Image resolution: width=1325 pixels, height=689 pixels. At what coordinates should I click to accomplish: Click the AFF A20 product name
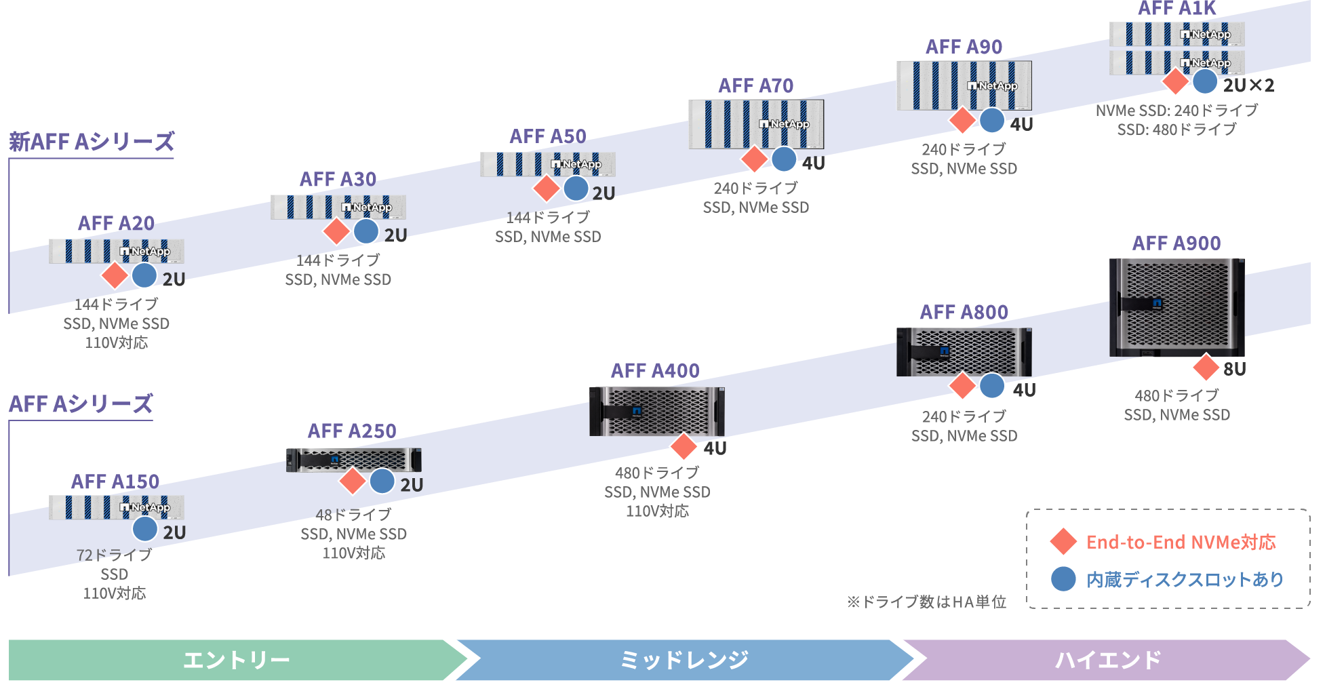tap(116, 224)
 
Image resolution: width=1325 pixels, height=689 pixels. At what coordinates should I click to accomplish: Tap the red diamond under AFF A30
tap(336, 232)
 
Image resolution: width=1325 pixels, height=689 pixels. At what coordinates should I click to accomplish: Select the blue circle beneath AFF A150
tap(145, 529)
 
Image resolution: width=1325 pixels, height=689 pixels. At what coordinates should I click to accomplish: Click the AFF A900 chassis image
tap(1176, 307)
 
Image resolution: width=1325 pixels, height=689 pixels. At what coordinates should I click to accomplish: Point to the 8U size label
tap(1234, 369)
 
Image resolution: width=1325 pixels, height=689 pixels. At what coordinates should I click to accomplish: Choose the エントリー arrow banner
tap(236, 659)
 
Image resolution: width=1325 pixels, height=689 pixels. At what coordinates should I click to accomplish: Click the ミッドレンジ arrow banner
tap(684, 659)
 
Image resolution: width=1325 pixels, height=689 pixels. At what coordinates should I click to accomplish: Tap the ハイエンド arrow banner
tap(1107, 659)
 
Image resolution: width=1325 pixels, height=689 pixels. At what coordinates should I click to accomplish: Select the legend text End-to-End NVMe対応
tap(1181, 542)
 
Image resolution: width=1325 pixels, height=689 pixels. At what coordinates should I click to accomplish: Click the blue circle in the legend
tap(1063, 578)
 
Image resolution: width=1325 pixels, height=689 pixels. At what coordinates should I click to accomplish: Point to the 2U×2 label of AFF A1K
tap(1248, 85)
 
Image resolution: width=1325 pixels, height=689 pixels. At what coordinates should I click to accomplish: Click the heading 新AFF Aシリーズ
tap(92, 142)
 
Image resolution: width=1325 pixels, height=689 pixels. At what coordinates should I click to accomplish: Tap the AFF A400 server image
tap(656, 411)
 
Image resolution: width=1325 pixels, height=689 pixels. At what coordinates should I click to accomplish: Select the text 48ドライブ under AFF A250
tap(353, 515)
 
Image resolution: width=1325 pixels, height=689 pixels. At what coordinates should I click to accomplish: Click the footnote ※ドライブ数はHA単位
tap(926, 602)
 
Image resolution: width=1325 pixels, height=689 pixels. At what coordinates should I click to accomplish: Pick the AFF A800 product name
tap(964, 313)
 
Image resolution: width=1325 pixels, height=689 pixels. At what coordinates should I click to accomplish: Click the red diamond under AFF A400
tap(684, 446)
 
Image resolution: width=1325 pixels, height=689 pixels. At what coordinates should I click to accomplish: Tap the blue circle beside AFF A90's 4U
tap(991, 121)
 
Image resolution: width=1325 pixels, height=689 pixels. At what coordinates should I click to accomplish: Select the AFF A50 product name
tap(548, 137)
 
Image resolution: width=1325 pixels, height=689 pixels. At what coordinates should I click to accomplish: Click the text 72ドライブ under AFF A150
tap(114, 555)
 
